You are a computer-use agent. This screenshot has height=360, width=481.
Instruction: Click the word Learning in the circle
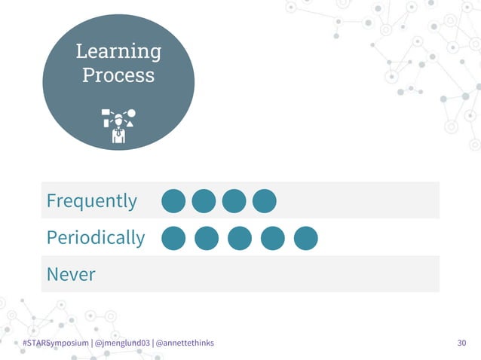118,51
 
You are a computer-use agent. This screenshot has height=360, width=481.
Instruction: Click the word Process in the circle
118,75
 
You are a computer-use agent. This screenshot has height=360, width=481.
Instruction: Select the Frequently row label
92,201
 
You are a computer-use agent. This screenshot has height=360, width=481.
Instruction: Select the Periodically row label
96,238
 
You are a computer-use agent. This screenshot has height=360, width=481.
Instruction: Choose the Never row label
71,274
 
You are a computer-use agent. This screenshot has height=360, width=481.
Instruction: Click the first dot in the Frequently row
173,201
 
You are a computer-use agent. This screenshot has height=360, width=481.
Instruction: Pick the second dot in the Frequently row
204,201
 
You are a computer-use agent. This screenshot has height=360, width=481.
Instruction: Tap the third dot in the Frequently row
234,201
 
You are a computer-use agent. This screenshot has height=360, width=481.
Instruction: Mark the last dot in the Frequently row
264,201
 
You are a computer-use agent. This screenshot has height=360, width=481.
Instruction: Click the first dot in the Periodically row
173,238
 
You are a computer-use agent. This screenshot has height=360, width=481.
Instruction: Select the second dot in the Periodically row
207,238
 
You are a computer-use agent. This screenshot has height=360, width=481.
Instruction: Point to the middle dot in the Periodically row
240,238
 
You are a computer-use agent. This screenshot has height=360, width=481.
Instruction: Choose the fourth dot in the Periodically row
273,238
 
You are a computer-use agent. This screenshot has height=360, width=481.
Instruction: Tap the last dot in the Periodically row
305,238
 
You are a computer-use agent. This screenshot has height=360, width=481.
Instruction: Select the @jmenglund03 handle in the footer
121,343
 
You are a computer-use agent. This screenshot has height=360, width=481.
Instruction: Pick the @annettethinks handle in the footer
184,343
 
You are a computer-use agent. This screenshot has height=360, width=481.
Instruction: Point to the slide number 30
462,343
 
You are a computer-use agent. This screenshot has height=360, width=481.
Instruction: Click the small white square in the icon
106,113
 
